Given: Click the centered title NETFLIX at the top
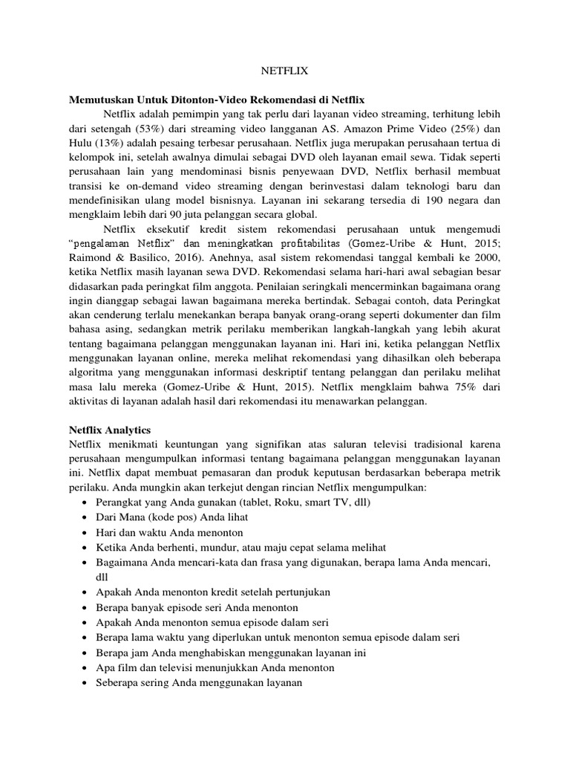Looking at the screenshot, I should coord(285,72).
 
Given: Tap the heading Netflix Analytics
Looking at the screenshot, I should coord(109,430).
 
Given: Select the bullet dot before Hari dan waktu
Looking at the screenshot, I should coord(82,533).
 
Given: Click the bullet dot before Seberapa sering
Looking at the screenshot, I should coord(82,683).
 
